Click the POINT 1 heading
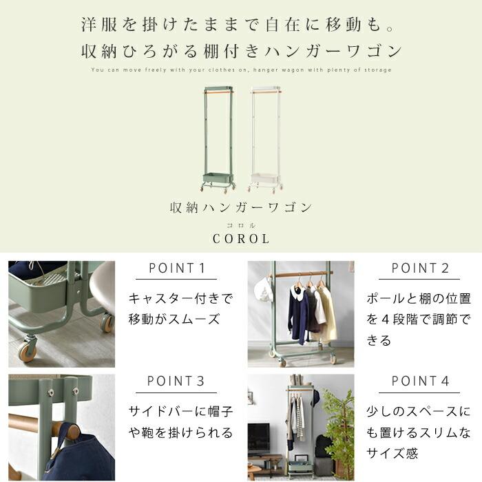point(177,268)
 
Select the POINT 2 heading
point(420,268)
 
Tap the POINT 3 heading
point(176,381)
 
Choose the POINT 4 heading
point(420,381)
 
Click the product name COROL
point(241,239)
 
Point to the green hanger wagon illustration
point(218,140)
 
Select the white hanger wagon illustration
point(266,140)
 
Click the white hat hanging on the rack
point(263,289)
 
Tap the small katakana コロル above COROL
point(241,226)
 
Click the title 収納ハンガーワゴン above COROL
point(241,208)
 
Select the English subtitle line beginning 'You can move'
point(241,70)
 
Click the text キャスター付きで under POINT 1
point(180,298)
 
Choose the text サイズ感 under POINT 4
point(392,453)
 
